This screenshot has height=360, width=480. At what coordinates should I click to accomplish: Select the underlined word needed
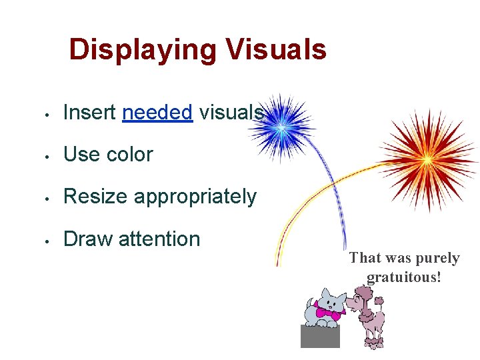coord(157,113)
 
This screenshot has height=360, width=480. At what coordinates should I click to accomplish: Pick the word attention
coord(159,239)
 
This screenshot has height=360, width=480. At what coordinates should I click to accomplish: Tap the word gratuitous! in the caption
coord(404,276)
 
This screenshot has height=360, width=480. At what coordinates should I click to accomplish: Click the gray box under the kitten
coord(320,337)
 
